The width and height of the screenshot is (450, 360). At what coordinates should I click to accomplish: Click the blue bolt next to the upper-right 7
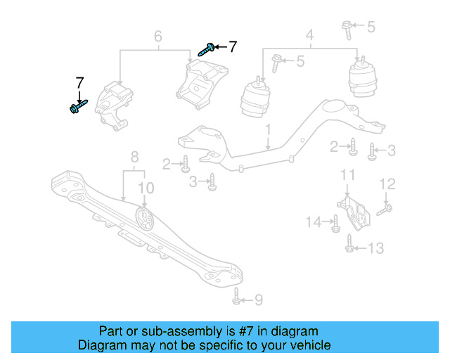click(207, 49)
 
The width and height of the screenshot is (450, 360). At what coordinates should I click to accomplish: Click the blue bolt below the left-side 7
click(77, 107)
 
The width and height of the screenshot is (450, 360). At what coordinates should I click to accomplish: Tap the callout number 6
click(157, 36)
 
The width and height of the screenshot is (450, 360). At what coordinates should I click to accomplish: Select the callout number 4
click(309, 34)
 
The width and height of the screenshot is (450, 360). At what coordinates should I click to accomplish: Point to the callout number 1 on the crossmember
click(268, 130)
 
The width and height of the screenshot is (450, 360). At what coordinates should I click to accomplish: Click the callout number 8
click(134, 157)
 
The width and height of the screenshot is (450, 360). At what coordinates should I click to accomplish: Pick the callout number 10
click(145, 187)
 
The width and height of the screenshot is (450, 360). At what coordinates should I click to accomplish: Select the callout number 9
click(258, 300)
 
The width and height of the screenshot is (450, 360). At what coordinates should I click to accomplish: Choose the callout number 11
click(347, 175)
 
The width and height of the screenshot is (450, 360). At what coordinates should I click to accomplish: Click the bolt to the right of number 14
click(335, 224)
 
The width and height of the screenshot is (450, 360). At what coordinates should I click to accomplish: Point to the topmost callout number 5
click(371, 27)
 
